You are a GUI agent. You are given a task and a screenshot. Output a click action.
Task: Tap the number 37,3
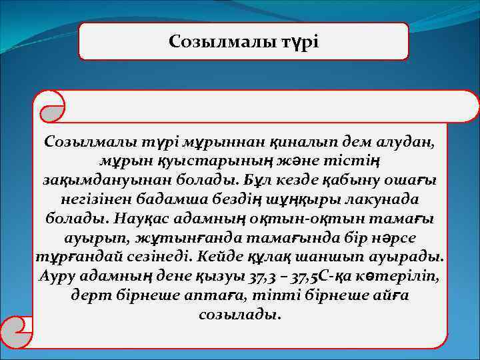click(264, 276)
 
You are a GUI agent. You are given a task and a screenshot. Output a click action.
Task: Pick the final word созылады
click(240, 314)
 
